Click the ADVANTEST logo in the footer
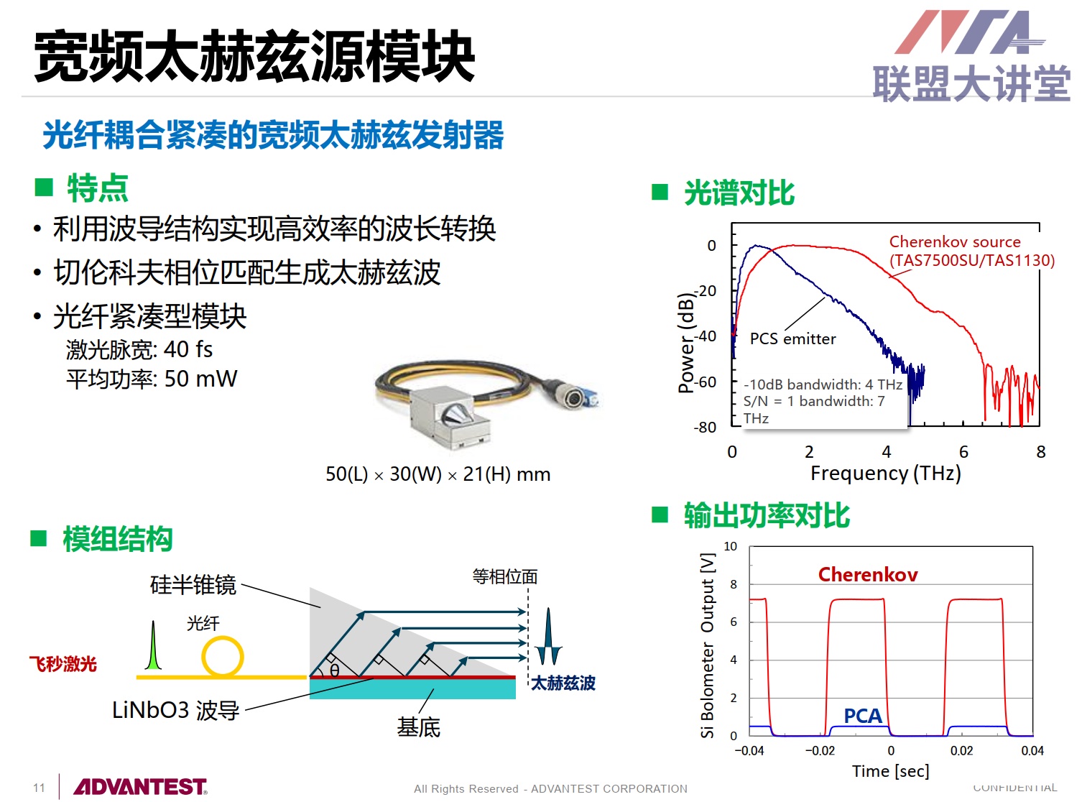pyautogui.click(x=139, y=786)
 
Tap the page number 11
pyautogui.click(x=39, y=788)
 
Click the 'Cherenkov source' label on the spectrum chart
pyautogui.click(x=954, y=241)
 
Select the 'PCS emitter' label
pyautogui.click(x=792, y=338)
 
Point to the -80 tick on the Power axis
pyautogui.click(x=704, y=427)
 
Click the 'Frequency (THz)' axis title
pyautogui.click(x=885, y=473)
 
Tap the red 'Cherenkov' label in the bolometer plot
pyautogui.click(x=867, y=574)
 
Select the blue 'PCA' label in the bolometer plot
pyautogui.click(x=862, y=716)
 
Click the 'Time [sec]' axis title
pyautogui.click(x=890, y=771)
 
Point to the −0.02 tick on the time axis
pyautogui.click(x=820, y=750)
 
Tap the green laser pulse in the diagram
pyautogui.click(x=153, y=645)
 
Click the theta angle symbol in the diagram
pyautogui.click(x=334, y=670)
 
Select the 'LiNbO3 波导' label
pyautogui.click(x=175, y=710)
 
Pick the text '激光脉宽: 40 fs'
pyautogui.click(x=139, y=349)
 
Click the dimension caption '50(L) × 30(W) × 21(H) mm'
pyautogui.click(x=438, y=474)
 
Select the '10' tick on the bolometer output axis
pyautogui.click(x=730, y=546)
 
